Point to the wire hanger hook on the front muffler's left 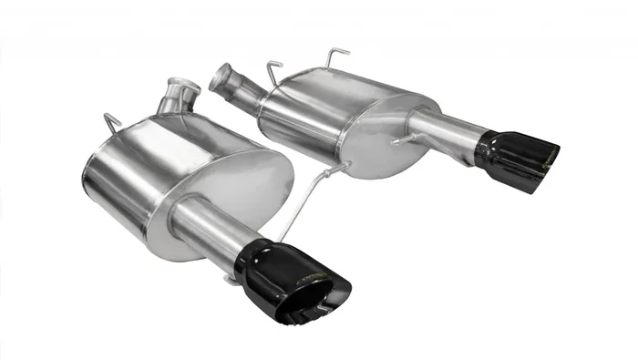pos(111,121)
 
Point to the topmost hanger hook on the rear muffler pos(334,55)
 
